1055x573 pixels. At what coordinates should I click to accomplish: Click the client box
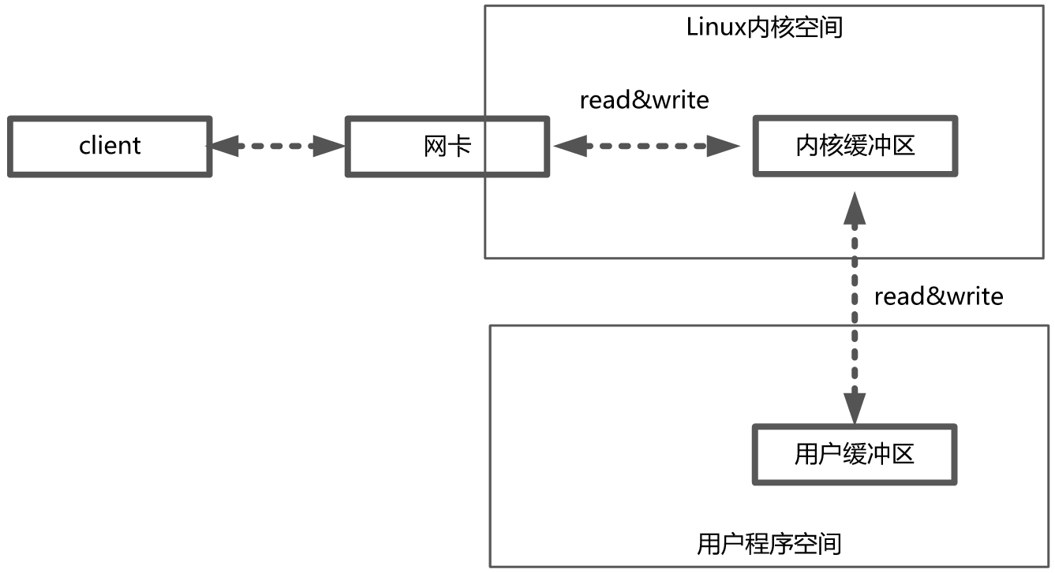110,147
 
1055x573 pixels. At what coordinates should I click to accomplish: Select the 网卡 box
447,147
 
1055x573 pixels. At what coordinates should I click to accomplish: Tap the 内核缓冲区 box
855,147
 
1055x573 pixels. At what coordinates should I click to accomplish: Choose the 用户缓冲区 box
855,455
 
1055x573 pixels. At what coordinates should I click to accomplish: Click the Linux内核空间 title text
765,28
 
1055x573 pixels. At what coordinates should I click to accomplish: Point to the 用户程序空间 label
769,544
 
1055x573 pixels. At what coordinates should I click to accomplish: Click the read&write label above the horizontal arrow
644,100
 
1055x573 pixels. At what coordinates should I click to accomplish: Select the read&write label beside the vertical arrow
938,296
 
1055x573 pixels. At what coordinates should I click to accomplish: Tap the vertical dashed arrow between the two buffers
854,307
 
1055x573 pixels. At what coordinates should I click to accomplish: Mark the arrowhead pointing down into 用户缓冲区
854,408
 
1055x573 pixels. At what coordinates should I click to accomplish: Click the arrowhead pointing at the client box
223,146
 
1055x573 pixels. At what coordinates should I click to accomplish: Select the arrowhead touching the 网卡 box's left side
329,146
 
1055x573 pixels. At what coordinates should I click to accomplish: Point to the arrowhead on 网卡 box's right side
569,146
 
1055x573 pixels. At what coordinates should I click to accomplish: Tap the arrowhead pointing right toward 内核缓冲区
724,146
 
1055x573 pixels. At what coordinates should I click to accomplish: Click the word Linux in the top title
715,28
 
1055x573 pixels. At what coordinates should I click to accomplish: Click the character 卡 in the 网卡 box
460,147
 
